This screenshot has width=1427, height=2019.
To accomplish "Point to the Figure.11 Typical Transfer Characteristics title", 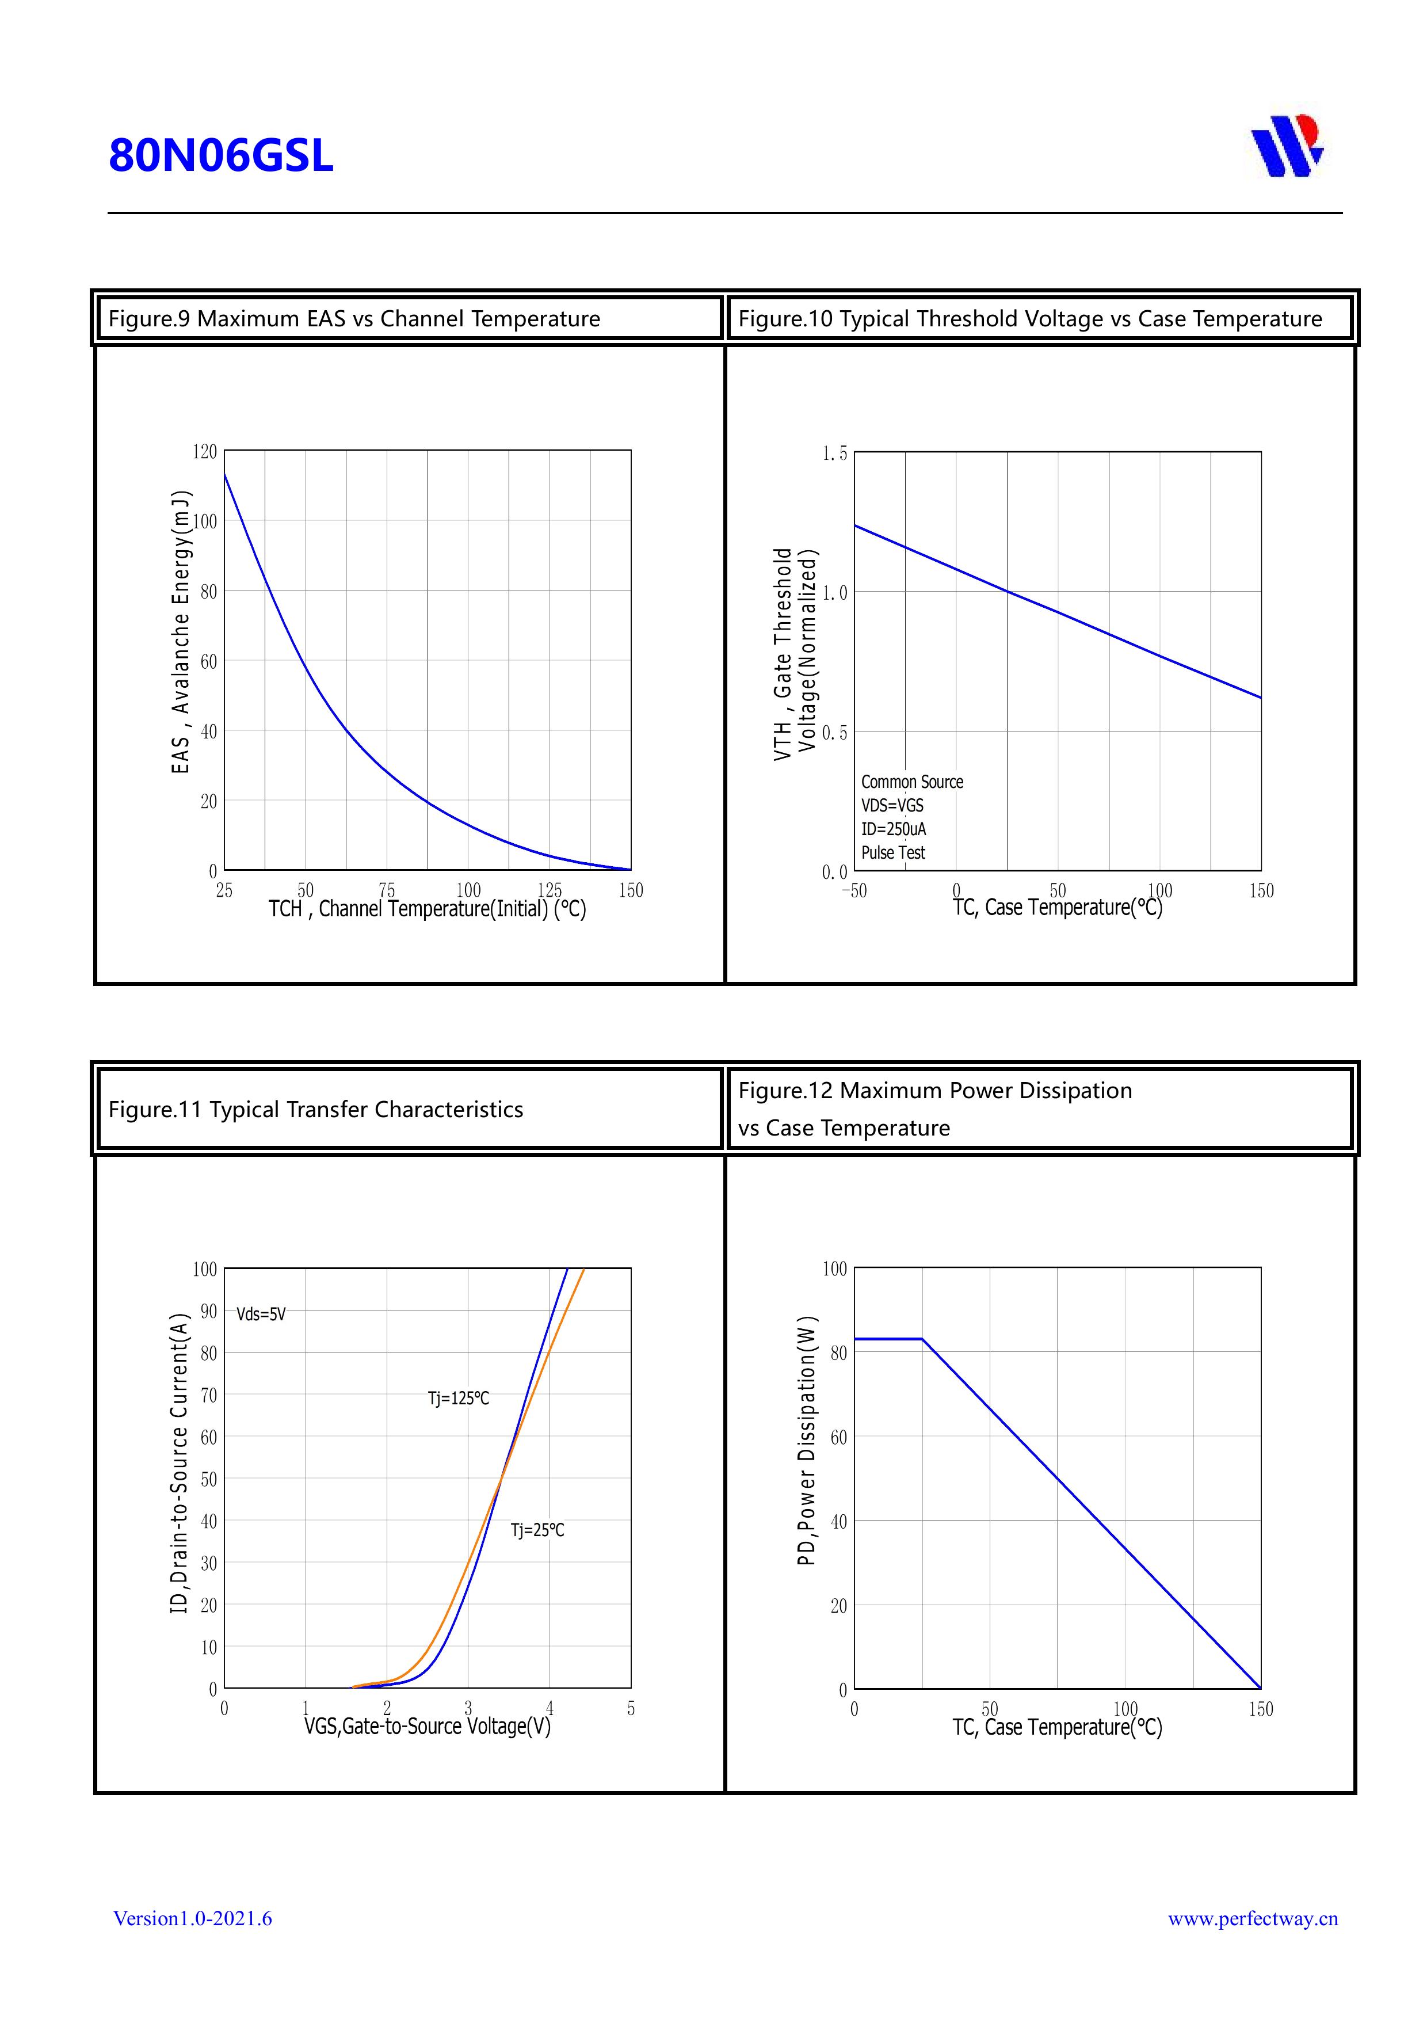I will (316, 1109).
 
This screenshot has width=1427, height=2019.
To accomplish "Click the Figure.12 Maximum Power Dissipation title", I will (934, 1091).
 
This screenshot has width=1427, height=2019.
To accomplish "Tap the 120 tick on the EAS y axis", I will (204, 452).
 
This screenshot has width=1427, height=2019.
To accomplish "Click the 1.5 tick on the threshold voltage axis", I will (834, 454).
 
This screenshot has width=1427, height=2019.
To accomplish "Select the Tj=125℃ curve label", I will (458, 1398).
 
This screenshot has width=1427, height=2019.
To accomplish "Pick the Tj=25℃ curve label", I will (537, 1530).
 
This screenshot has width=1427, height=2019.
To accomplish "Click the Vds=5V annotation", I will (261, 1315).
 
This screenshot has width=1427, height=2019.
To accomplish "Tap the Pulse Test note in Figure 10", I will (892, 853).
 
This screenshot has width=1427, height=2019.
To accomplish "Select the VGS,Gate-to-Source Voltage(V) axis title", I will (428, 1726).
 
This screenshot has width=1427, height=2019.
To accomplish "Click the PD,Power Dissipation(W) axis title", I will (807, 1441).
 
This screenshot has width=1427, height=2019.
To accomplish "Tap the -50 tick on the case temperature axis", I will (854, 891).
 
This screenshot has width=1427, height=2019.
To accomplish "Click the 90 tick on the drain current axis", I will (208, 1311).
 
